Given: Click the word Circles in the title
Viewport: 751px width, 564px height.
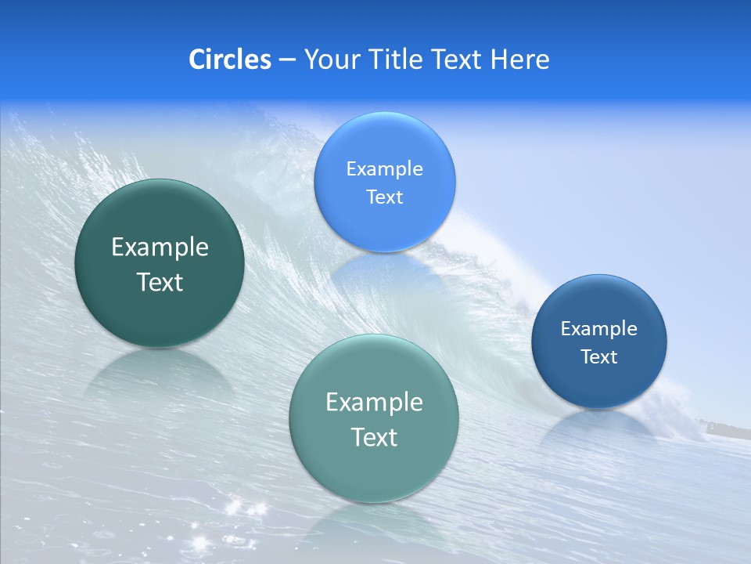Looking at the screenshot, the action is [x=229, y=60].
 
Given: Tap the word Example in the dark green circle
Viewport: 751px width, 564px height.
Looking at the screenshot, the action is [x=160, y=248].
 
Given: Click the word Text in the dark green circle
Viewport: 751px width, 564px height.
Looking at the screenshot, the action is [x=160, y=282].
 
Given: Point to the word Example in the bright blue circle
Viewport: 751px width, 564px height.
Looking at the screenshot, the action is [x=384, y=169].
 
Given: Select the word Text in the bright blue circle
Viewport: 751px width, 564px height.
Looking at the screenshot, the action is [x=384, y=197].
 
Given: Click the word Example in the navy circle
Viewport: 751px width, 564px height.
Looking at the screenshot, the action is [x=599, y=329].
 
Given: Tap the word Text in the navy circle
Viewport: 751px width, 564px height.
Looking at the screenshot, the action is [x=599, y=357].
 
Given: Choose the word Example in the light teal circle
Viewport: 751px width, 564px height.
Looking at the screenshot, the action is [x=374, y=403].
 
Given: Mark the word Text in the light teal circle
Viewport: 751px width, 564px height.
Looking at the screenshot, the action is [x=374, y=437].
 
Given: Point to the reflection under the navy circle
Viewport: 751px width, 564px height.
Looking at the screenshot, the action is [x=599, y=427].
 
